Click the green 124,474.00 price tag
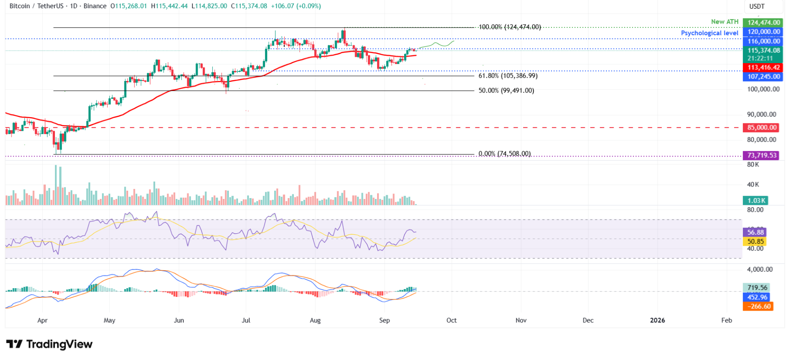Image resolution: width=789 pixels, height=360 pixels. (x=763, y=22)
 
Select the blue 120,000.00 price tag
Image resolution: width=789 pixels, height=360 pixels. (x=763, y=32)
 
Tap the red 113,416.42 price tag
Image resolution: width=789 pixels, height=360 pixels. (x=763, y=67)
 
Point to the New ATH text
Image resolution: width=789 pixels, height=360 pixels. (x=724, y=21)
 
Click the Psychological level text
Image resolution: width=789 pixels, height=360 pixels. (x=709, y=33)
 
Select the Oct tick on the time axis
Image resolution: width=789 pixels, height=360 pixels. (x=451, y=320)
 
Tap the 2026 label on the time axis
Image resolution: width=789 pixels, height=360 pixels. (x=657, y=320)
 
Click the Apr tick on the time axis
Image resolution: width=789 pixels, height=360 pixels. (x=42, y=320)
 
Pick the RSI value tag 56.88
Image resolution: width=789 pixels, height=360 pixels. (x=756, y=232)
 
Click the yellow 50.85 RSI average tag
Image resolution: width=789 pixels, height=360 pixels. (x=756, y=242)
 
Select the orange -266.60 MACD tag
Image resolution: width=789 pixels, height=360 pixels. (x=758, y=306)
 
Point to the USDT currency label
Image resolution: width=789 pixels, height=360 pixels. (x=757, y=6)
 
